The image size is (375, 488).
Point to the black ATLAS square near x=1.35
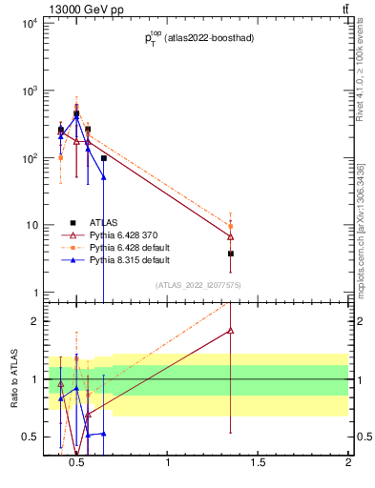(231, 254)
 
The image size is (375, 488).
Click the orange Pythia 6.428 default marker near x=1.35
(231, 227)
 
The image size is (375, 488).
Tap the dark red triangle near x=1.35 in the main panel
(231, 236)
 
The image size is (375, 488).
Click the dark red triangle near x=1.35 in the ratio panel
(231, 330)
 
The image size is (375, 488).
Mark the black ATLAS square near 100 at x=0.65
(103, 158)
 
